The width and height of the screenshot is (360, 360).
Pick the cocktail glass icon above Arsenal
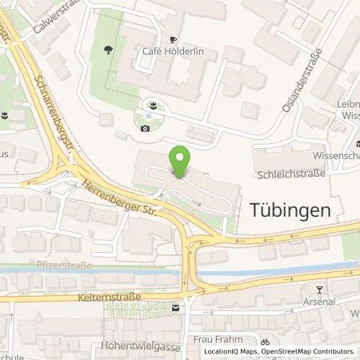320,289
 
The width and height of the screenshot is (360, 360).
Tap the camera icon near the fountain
145,127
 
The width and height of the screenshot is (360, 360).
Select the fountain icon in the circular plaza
153,104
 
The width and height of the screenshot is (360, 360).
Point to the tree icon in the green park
107,50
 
